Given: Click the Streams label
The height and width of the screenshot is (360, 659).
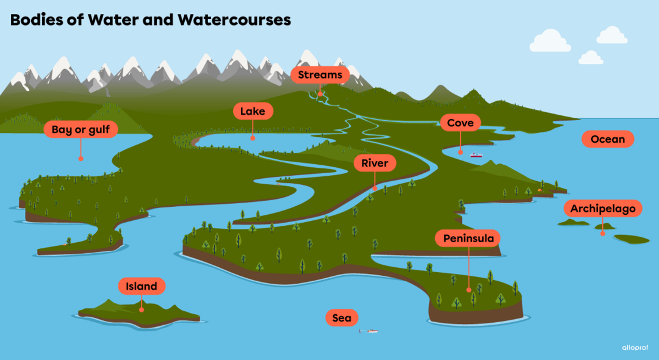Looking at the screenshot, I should coord(320,75).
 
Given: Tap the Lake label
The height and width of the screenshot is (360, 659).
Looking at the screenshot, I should coord(253,111).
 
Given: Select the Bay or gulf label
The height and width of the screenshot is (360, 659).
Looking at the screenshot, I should coord(81,129).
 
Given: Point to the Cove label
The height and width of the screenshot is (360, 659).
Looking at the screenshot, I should coord(460,123).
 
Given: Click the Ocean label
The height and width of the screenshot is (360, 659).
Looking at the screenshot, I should coord(608,139).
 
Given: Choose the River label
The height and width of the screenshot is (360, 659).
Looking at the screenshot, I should coord(375,164).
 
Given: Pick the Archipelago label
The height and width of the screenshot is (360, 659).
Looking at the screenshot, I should coord(603,209).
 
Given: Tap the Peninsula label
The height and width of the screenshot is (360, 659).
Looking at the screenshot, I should coord(468,238).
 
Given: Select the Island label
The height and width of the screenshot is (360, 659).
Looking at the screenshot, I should coord(142,286).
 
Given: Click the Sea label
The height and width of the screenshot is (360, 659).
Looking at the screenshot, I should coord(342,318).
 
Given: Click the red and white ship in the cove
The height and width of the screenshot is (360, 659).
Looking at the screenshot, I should coord(476,155).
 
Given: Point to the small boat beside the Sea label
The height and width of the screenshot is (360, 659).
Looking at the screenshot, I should coord(370,331).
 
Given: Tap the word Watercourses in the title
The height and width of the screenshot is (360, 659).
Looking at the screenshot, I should coord(234,20).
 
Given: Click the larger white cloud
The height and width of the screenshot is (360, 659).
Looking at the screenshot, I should coord(550,41).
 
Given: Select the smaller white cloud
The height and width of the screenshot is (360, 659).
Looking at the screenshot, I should coord(590,58).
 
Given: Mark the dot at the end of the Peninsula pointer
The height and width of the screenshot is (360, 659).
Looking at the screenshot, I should coord(469,291).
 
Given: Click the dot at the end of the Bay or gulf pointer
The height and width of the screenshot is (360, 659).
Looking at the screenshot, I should coord(81,158).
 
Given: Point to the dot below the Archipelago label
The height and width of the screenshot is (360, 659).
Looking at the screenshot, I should coord(603,233).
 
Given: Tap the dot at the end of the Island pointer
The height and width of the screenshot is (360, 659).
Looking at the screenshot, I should coord(142,309).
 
